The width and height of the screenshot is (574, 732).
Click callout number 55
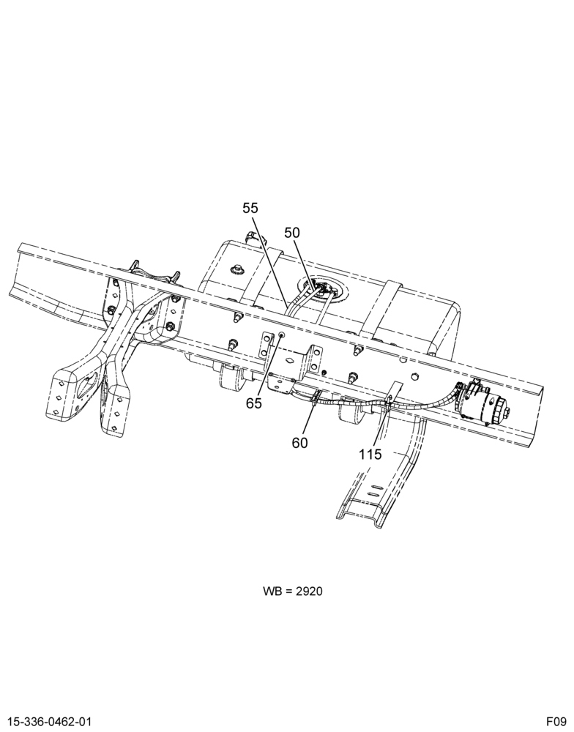click(250, 208)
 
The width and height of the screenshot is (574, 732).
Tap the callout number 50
click(292, 233)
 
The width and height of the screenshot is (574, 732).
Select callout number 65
click(254, 403)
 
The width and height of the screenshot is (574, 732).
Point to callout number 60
click(300, 442)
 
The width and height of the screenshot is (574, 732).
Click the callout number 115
click(370, 454)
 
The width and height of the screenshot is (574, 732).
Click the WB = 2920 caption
click(292, 591)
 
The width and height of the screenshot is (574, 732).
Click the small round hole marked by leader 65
click(282, 335)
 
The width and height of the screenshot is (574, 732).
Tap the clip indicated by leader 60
click(316, 399)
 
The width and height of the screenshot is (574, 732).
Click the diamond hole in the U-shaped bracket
click(291, 360)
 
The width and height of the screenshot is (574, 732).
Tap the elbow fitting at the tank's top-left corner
click(253, 237)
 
